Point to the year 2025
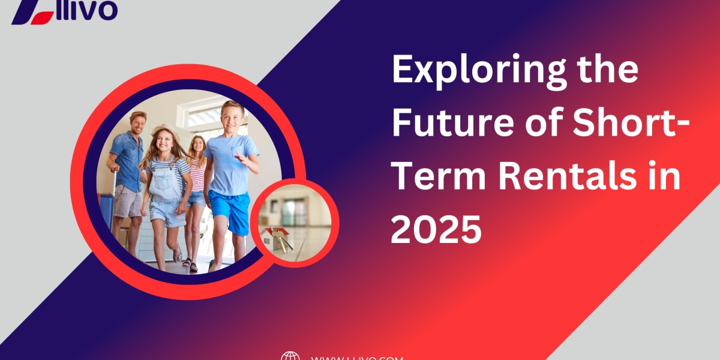(436, 229)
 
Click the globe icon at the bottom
(290, 356)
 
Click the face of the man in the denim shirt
(137, 123)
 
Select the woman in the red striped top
(197, 174)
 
